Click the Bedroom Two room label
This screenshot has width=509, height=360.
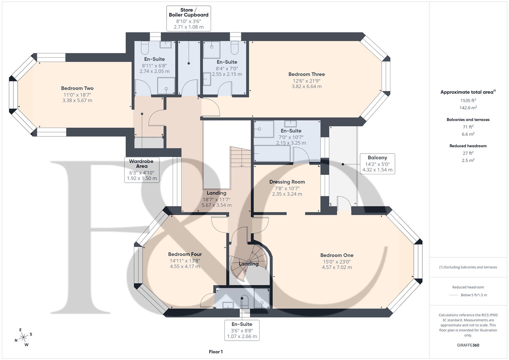click(x=77, y=88)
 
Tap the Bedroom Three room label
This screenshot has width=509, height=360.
click(x=306, y=74)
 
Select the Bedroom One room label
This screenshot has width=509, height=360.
click(x=337, y=255)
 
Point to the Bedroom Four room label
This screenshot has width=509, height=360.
click(x=185, y=254)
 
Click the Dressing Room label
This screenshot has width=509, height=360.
click(x=287, y=182)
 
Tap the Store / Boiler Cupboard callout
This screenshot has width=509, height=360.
click(x=188, y=18)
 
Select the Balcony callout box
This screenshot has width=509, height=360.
click(x=377, y=164)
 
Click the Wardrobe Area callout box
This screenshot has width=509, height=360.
click(x=142, y=170)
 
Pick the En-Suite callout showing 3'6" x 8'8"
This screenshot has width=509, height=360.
click(x=242, y=330)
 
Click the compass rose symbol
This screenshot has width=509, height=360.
click(x=23, y=337)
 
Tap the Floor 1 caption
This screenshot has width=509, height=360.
click(x=216, y=352)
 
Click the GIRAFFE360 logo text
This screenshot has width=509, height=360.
click(x=468, y=345)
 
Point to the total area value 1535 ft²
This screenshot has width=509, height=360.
click(x=468, y=100)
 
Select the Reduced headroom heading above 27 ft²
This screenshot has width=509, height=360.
click(x=468, y=146)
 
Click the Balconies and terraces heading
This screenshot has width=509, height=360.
click(x=468, y=120)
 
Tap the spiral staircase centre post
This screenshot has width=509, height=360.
click(x=249, y=261)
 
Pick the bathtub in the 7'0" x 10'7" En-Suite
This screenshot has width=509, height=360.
click(x=272, y=153)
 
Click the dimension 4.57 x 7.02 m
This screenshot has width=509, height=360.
click(x=337, y=267)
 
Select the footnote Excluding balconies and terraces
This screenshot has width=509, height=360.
click(x=468, y=267)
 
